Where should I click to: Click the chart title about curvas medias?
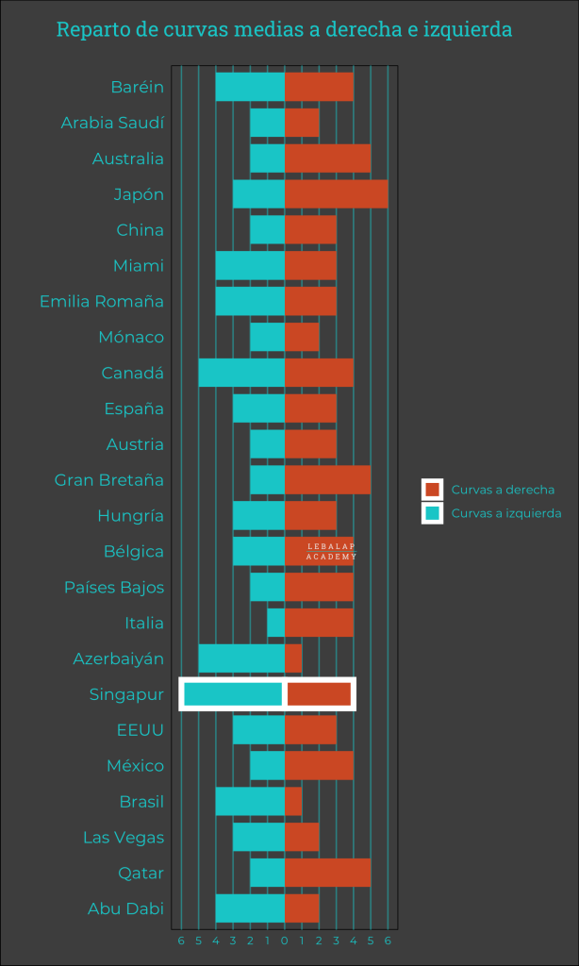pyautogui.click(x=284, y=30)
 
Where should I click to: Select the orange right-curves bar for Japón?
pyautogui.click(x=336, y=194)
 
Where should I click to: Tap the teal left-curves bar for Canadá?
pyautogui.click(x=241, y=373)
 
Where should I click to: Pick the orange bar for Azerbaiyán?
pyautogui.click(x=293, y=658)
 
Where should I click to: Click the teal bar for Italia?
pyautogui.click(x=275, y=623)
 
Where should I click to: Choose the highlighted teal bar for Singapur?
pyautogui.click(x=233, y=694)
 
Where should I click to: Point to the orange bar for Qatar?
pyautogui.click(x=327, y=873)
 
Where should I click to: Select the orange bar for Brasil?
pyautogui.click(x=293, y=802)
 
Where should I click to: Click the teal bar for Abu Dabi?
pyautogui.click(x=250, y=908)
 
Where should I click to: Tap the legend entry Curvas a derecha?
pyautogui.click(x=503, y=490)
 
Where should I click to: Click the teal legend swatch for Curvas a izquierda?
pyautogui.click(x=433, y=513)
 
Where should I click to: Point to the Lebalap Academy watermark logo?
pyautogui.click(x=331, y=552)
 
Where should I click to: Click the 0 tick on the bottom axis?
pyautogui.click(x=285, y=941)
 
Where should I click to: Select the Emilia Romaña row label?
pyautogui.click(x=102, y=302)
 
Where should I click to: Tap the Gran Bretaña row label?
pyautogui.click(x=109, y=480)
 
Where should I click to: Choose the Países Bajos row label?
pyautogui.click(x=114, y=588)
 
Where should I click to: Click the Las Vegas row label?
pyautogui.click(x=124, y=838)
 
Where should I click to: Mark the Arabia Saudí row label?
pyautogui.click(x=112, y=123)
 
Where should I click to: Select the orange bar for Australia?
pyautogui.click(x=327, y=158)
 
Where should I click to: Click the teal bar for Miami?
pyautogui.click(x=250, y=266)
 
